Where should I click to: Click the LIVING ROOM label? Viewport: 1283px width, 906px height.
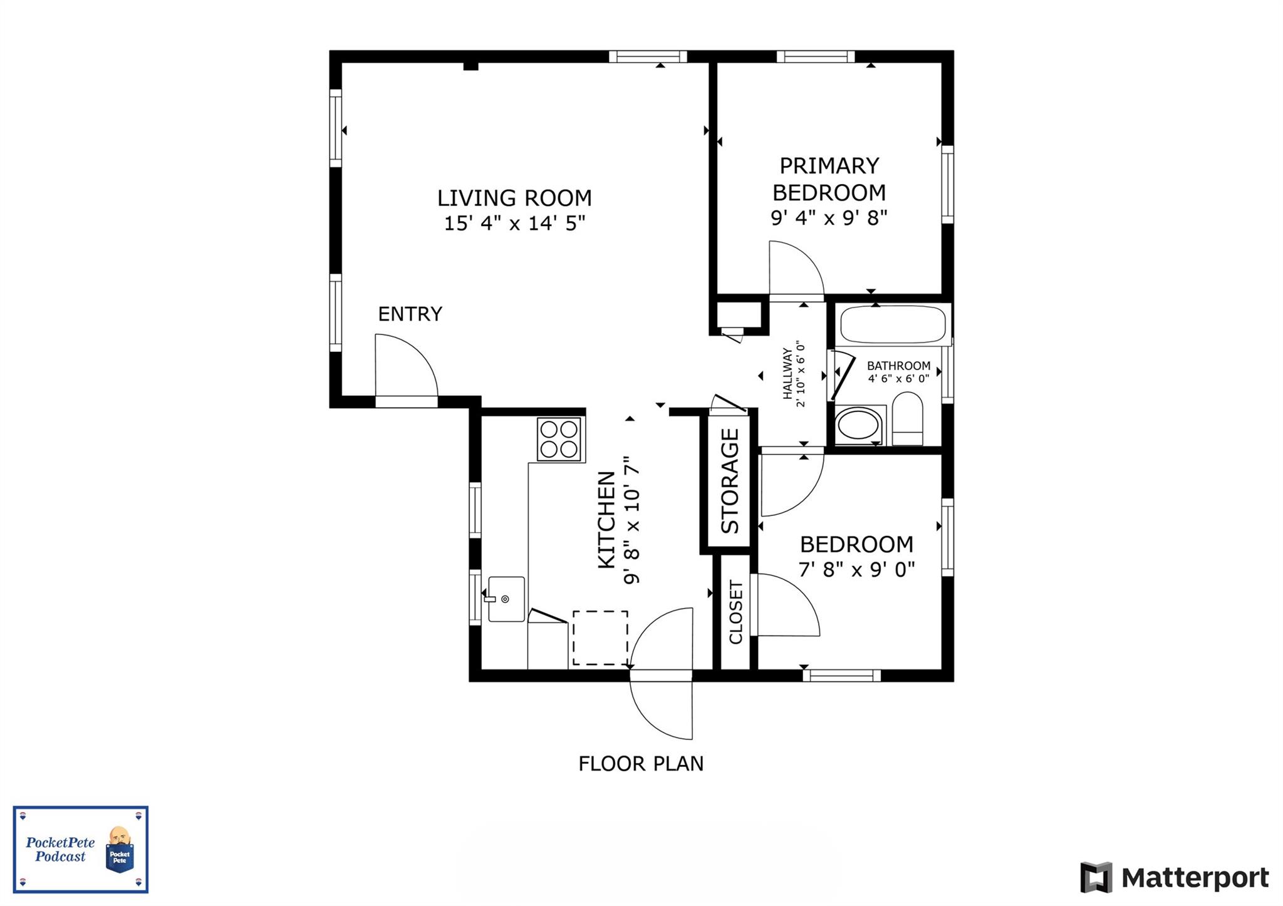pos(514,198)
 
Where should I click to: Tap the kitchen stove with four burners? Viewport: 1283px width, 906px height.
pos(559,439)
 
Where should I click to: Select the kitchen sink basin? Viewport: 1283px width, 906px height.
pos(506,599)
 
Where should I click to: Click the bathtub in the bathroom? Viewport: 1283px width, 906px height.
pos(892,323)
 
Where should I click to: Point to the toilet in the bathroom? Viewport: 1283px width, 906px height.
pos(906,418)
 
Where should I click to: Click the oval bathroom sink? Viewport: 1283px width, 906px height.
pos(858,425)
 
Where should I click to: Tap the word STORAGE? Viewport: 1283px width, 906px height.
pos(730,481)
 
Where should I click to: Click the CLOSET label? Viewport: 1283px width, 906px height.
pos(735,612)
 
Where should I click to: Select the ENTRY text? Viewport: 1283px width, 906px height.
pos(410,314)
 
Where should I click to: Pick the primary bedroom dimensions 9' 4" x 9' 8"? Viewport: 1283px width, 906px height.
pos(829,218)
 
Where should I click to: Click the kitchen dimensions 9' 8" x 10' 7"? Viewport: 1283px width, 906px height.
pos(632,520)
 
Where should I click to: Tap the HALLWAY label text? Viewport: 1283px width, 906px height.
pos(787,374)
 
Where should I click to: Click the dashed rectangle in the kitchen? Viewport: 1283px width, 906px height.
pos(600,637)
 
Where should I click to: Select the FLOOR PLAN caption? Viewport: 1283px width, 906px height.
pos(640,764)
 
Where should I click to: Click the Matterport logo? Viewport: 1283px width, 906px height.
pos(1173,877)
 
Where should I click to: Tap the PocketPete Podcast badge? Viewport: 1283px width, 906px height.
pos(81,849)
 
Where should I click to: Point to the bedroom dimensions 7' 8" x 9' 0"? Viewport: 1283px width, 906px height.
pos(856,570)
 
